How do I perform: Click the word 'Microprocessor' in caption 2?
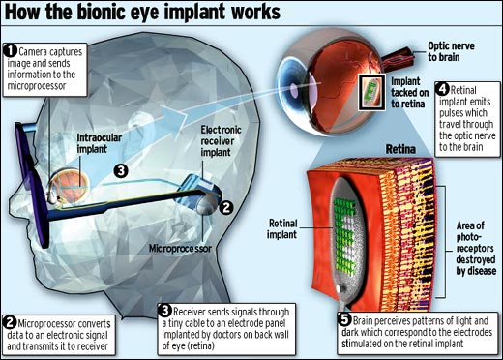[50, 320]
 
